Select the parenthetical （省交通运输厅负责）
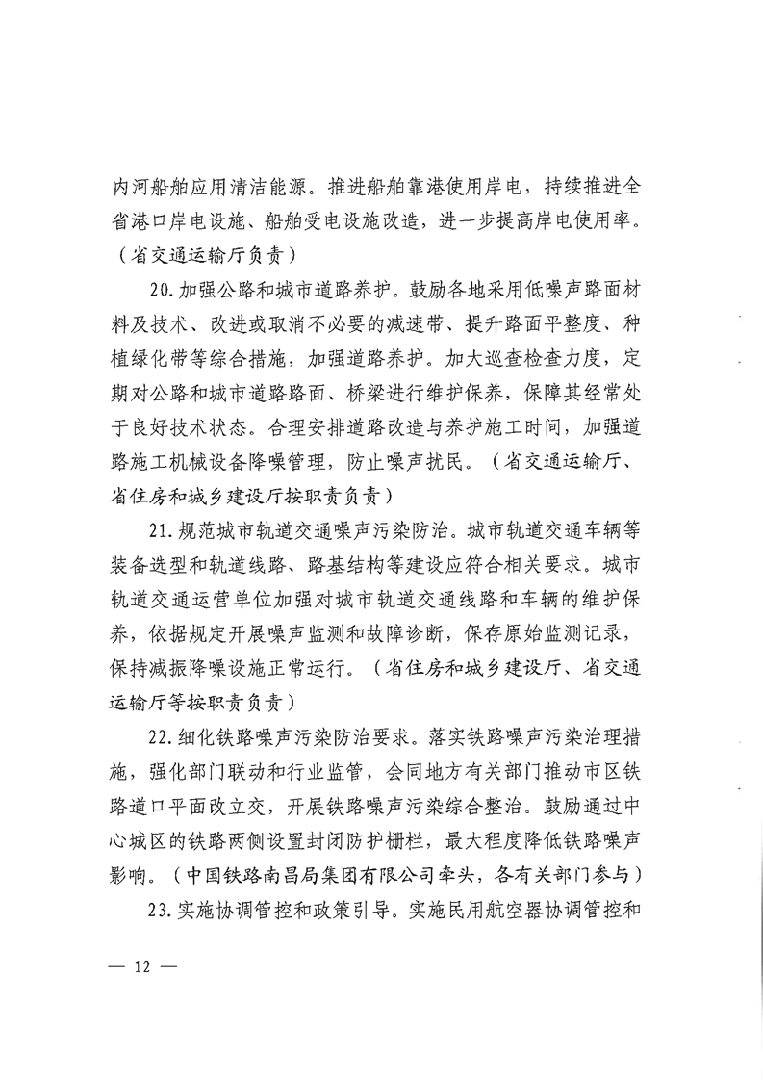coord(203,257)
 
